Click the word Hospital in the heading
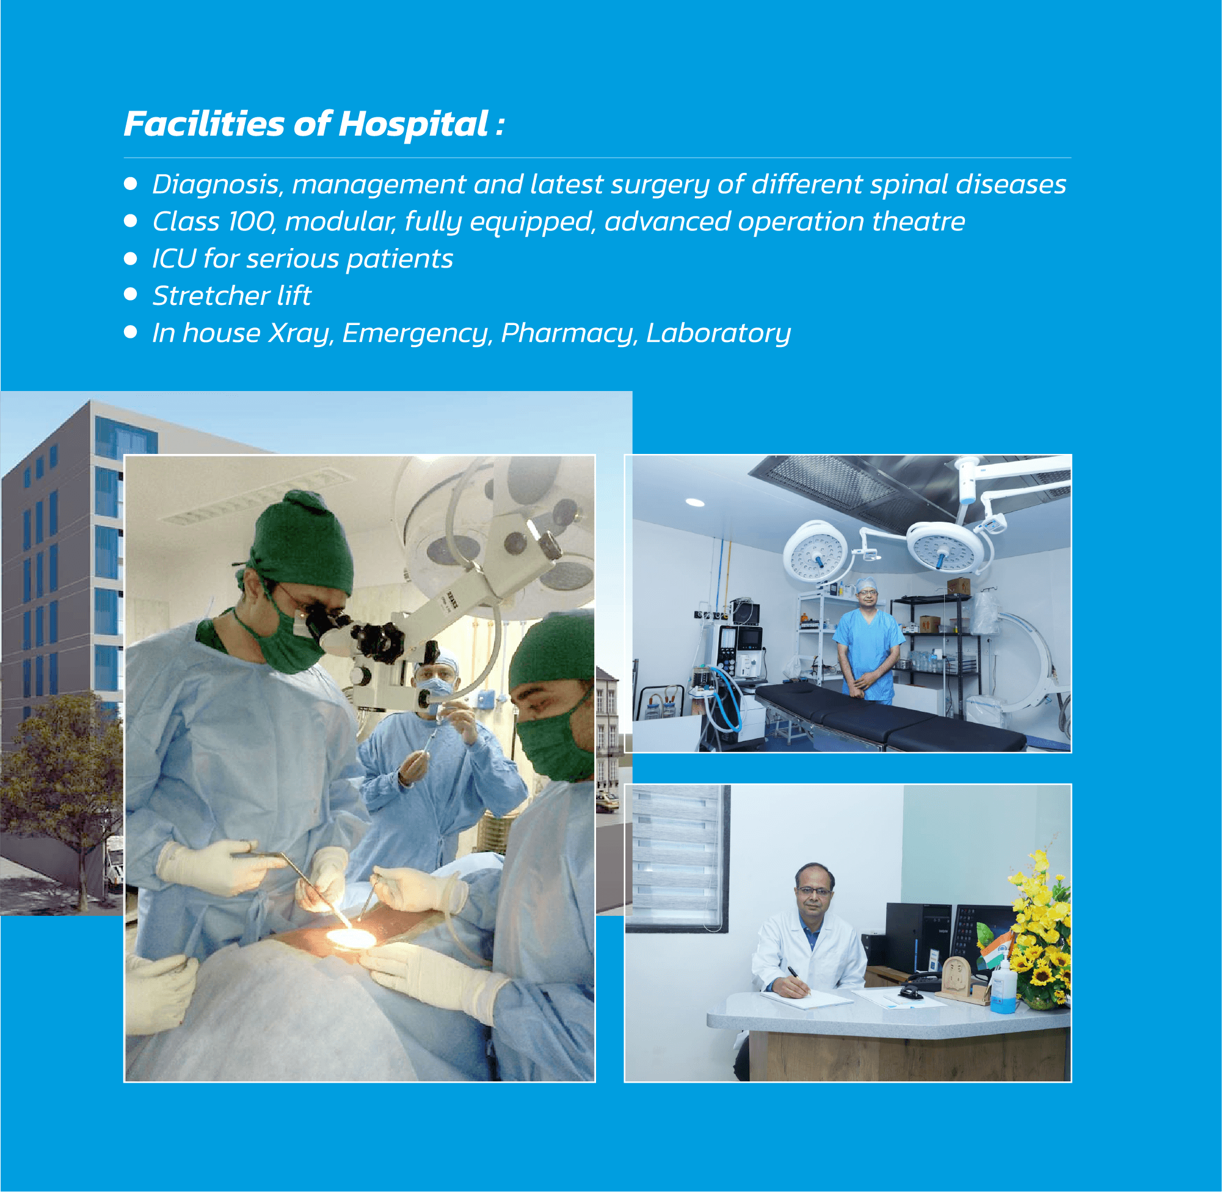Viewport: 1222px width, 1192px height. coord(413,124)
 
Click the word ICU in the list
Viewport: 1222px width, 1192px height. coord(174,258)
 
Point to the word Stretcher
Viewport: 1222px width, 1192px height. coord(211,296)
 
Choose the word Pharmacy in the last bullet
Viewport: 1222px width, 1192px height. coord(568,334)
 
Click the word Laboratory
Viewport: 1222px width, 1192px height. coord(718,334)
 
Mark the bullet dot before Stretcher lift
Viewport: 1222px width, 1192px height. coord(130,294)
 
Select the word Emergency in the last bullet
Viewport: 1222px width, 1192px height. coord(416,334)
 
